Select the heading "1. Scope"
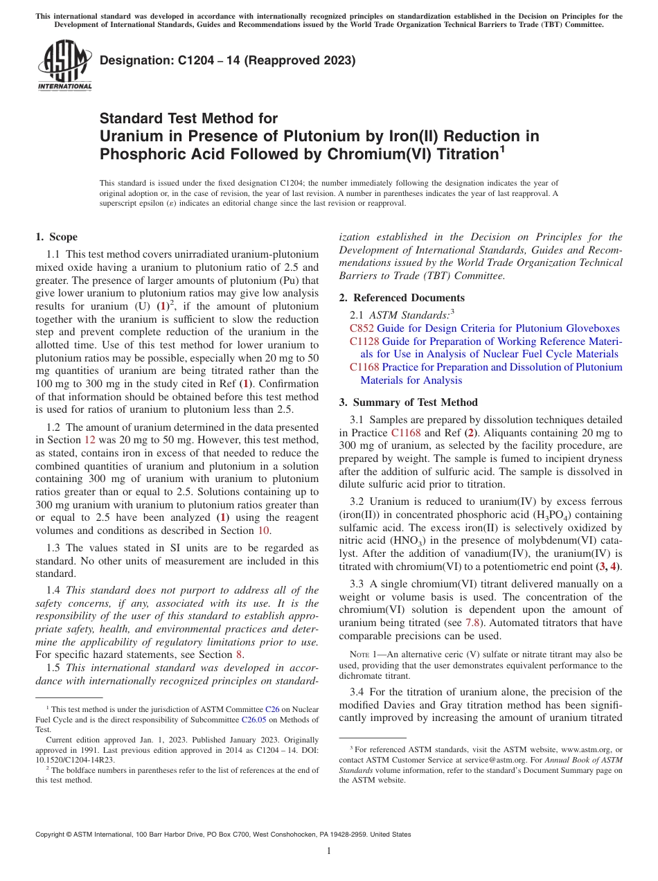click(56, 237)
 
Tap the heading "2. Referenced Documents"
click(402, 298)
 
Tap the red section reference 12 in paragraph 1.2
click(90, 439)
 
